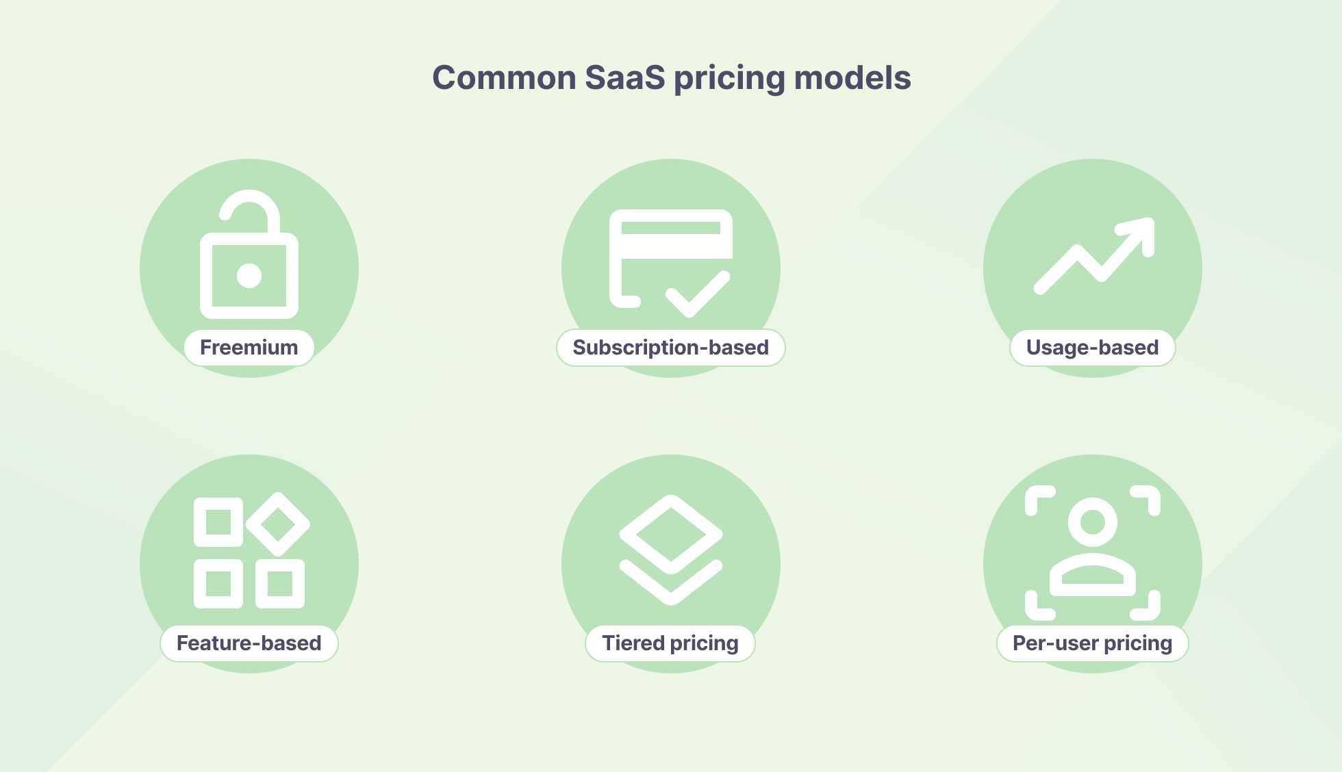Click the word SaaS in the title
pos(624,77)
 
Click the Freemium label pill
pos(249,348)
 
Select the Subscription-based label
pos(670,348)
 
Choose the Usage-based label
pos(1092,348)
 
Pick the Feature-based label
pos(249,643)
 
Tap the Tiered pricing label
pos(670,643)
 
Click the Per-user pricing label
pos(1092,643)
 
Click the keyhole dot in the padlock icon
pos(249,276)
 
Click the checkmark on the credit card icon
pos(698,294)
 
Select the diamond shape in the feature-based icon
pos(278,524)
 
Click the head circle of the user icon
pos(1093,522)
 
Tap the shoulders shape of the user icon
pos(1093,575)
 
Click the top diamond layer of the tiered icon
pos(671,534)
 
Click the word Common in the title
pos(504,77)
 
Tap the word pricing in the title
pos(729,77)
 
